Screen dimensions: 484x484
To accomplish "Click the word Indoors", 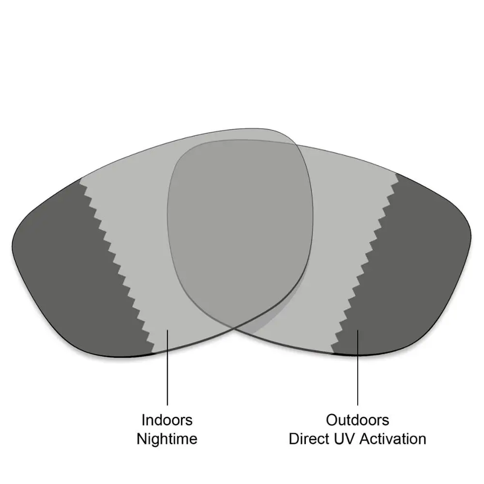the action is coord(167,420).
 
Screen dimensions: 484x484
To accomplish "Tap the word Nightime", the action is coord(167,439).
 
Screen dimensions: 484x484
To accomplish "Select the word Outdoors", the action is coord(358,420).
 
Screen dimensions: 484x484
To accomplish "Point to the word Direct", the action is coord(307,439).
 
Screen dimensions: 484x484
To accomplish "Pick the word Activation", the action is coord(393,439).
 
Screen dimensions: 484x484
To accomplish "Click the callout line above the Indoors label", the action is coord(167,367).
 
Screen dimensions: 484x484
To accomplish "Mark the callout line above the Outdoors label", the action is coord(358,367).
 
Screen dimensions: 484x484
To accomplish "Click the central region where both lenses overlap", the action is coord(239,228).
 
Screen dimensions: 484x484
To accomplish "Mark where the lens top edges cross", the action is coord(296,144).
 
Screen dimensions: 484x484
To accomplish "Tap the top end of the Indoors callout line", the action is coord(167,330).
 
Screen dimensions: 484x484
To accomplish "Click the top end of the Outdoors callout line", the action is coord(358,330).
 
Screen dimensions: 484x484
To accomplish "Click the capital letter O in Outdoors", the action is coord(332,420).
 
